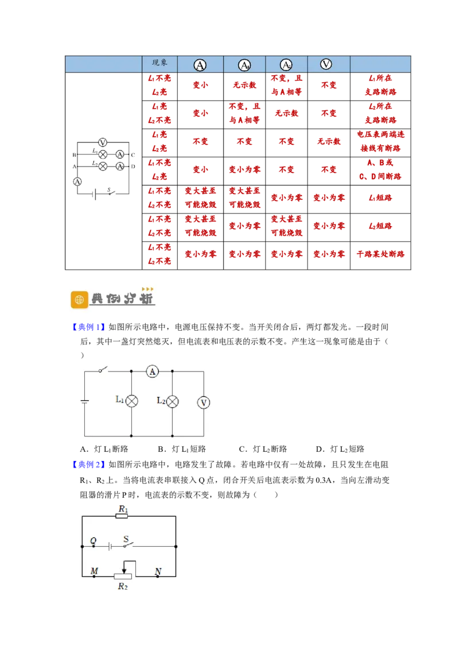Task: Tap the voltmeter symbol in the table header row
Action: pyautogui.click(x=326, y=64)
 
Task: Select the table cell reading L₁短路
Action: pyautogui.click(x=380, y=198)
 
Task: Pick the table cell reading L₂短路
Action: pyautogui.click(x=380, y=226)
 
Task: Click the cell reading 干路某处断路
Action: pyautogui.click(x=380, y=254)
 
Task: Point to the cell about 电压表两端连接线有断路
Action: pyautogui.click(x=380, y=141)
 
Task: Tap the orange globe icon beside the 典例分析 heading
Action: pyautogui.click(x=80, y=299)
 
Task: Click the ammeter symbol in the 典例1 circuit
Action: pyautogui.click(x=153, y=372)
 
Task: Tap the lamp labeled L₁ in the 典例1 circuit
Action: pyautogui.click(x=132, y=401)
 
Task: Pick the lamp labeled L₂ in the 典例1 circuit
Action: pyautogui.click(x=172, y=401)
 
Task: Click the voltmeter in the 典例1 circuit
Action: pyautogui.click(x=204, y=402)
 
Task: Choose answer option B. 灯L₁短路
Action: pyautogui.click(x=182, y=449)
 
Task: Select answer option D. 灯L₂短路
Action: pyautogui.click(x=340, y=449)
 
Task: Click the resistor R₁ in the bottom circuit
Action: pyautogui.click(x=122, y=516)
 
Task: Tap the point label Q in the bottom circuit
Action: pyautogui.click(x=93, y=540)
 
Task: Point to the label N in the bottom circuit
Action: pyautogui.click(x=158, y=571)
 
